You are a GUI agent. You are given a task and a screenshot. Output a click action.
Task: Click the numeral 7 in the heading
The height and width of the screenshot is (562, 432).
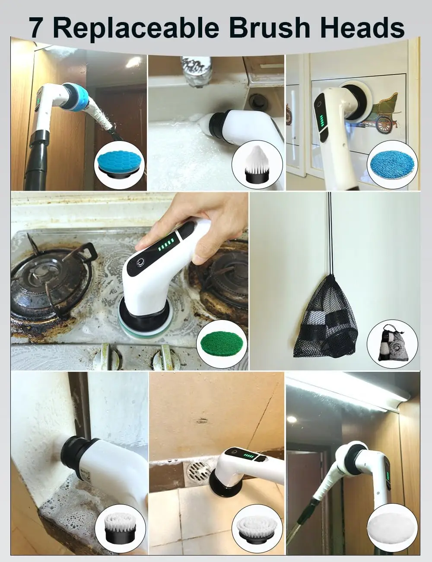[x=36, y=27]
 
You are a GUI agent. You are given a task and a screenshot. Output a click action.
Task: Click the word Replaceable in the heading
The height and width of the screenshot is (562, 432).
[x=135, y=27]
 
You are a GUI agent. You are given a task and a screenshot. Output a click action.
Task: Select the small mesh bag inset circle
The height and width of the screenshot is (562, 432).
[x=391, y=342]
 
